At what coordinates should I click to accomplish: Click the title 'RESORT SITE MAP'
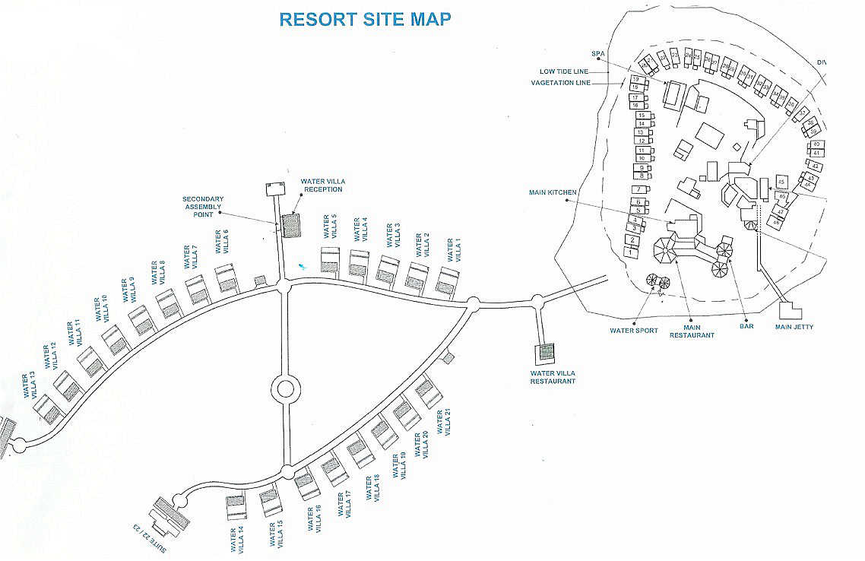click(365, 19)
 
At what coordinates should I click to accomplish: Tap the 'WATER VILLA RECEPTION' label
click(322, 185)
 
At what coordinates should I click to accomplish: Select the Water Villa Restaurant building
click(544, 352)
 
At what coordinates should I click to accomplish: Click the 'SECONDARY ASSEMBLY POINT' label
click(203, 206)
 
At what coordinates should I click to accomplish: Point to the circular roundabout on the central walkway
click(285, 388)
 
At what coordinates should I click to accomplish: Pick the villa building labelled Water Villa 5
click(330, 259)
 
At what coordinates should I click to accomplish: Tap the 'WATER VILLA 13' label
click(30, 385)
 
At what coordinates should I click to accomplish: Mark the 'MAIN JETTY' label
click(794, 327)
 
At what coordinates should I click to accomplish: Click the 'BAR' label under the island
click(746, 327)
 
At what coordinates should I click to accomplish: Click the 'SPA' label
click(597, 53)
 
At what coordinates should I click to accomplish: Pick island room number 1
click(630, 252)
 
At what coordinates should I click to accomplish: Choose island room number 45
click(781, 182)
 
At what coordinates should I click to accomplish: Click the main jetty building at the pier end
click(791, 312)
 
